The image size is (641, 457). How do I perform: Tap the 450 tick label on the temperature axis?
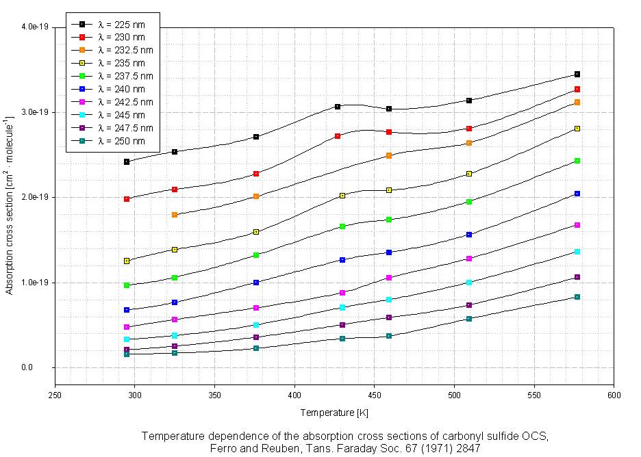click(x=375, y=395)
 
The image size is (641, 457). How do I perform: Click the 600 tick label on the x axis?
click(x=614, y=395)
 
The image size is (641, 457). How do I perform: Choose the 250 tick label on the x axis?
click(x=55, y=395)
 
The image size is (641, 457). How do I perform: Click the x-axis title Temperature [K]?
click(x=334, y=413)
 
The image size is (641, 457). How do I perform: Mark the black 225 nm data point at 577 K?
click(x=577, y=74)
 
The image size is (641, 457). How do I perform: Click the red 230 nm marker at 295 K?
click(x=127, y=199)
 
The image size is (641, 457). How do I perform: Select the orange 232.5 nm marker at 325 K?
click(x=175, y=215)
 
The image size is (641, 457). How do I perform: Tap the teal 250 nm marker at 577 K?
click(x=577, y=297)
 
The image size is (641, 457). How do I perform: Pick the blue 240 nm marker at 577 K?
click(x=577, y=194)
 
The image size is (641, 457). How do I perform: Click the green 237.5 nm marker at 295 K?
click(x=127, y=285)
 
